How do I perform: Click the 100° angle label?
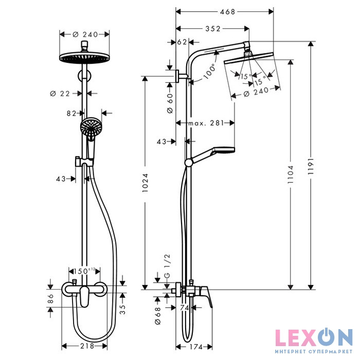pyautogui.click(x=209, y=71)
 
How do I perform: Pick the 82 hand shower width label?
pyautogui.click(x=71, y=113)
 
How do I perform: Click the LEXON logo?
pyautogui.click(x=313, y=338)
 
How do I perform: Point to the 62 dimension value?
pyautogui.click(x=182, y=42)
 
